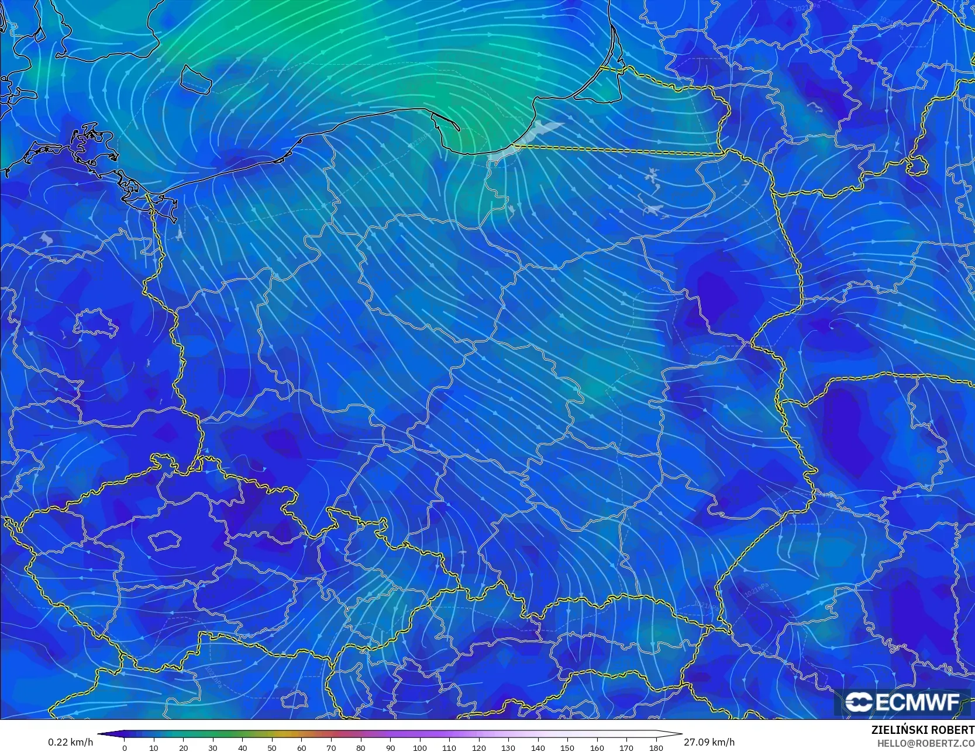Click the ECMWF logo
(x=902, y=702)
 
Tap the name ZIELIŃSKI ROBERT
(x=922, y=730)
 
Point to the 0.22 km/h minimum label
(x=70, y=742)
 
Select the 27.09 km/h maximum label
(x=709, y=742)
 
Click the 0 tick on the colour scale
(x=125, y=748)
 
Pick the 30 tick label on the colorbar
(x=213, y=748)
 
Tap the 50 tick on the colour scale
(x=272, y=748)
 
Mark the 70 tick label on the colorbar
(x=331, y=748)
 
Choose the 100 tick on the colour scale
(x=419, y=748)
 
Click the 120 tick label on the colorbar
(x=479, y=748)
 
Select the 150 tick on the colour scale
(x=567, y=748)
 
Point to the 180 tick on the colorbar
(x=656, y=748)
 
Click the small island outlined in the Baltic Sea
(x=195, y=79)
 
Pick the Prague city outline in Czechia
(x=164, y=540)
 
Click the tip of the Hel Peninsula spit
(x=459, y=129)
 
